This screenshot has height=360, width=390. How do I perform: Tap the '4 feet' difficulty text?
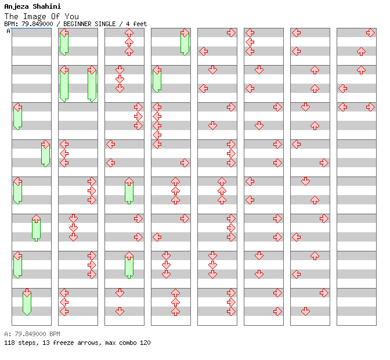click(x=136, y=24)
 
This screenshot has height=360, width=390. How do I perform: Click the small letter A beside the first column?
click(x=9, y=31)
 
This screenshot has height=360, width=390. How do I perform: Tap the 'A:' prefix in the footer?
click(x=7, y=334)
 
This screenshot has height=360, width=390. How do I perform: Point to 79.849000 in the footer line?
click(x=30, y=334)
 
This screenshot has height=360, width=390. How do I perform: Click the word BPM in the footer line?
click(x=54, y=334)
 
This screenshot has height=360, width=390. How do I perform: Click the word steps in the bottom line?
click(x=26, y=343)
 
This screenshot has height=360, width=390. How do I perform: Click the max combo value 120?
click(x=145, y=343)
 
